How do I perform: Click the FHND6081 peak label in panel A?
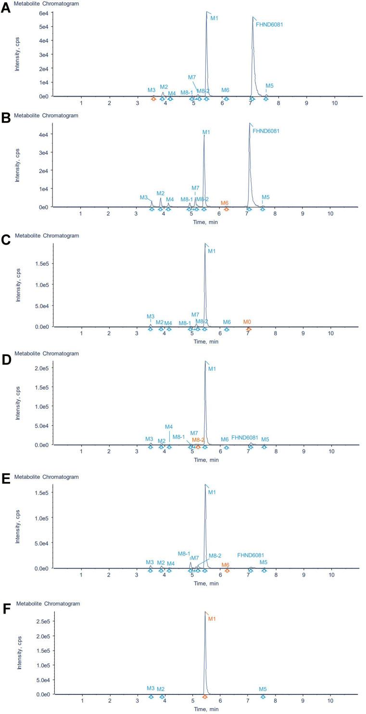pyautogui.click(x=269, y=24)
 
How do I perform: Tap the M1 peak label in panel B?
pyautogui.click(x=206, y=132)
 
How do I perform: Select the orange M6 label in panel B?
pyautogui.click(x=225, y=203)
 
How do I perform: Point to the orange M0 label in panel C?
pyautogui.click(x=247, y=322)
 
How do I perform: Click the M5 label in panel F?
pyautogui.click(x=263, y=689)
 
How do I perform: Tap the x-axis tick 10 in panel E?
pyautogui.click(x=331, y=575)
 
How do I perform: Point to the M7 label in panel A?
pyautogui.click(x=192, y=77)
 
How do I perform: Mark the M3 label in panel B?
pyautogui.click(x=144, y=197)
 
